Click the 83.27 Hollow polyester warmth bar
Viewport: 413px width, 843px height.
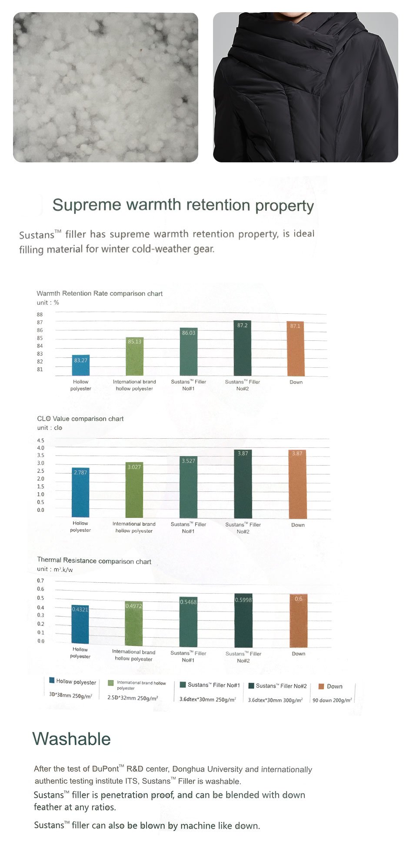coord(81,365)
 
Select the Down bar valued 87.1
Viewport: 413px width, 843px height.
coord(295,349)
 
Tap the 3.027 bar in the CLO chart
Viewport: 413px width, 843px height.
coord(134,490)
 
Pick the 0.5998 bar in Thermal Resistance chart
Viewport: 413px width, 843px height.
coord(243,621)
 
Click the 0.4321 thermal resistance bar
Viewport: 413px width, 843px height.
coord(80,625)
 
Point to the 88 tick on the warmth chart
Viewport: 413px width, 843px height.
coord(40,314)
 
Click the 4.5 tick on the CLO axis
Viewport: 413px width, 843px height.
coord(40,440)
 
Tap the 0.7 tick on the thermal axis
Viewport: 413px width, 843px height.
coord(40,581)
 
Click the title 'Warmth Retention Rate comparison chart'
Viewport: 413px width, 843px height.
coord(100,293)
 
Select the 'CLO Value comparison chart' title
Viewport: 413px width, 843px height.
coord(80,419)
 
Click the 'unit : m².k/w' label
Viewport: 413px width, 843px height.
coord(55,569)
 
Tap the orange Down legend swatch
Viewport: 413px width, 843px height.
coord(321,686)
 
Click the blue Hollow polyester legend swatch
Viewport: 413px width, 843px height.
coord(52,680)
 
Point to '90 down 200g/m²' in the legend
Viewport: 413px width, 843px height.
coord(332,700)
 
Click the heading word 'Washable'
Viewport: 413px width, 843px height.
coord(71,739)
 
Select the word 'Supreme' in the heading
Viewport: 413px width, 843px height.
coord(83,205)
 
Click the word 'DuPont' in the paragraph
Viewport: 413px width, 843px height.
coord(105,769)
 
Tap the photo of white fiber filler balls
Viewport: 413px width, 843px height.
coord(106,87)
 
